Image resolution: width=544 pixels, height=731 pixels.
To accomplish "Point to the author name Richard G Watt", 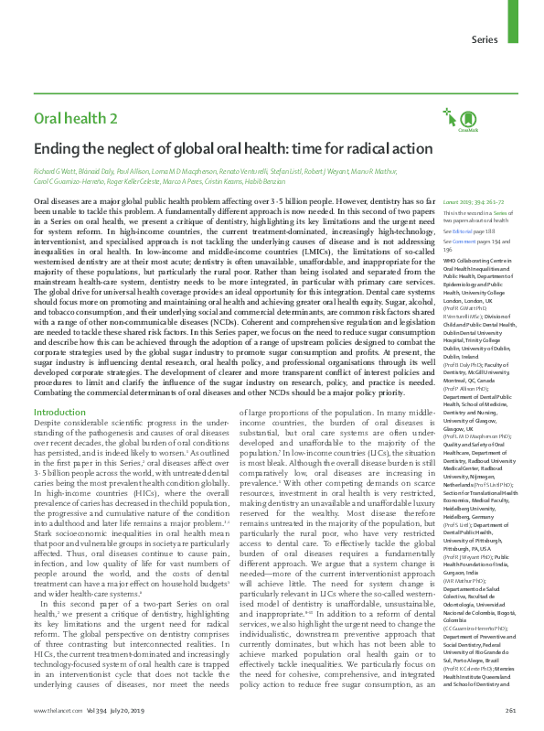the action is point(56,171).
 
